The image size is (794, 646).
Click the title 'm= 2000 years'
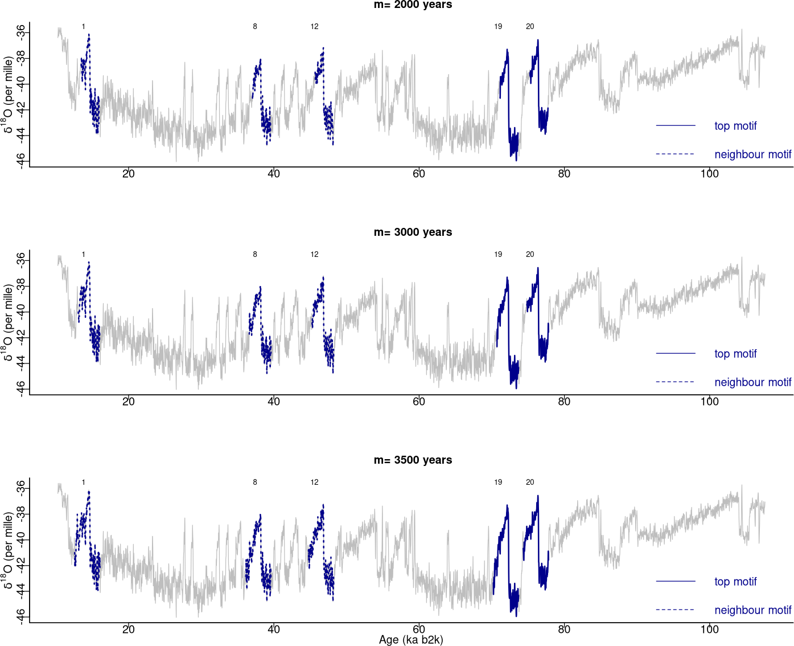point(413,5)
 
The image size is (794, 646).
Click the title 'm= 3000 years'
point(413,232)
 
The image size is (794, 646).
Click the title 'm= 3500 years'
point(413,460)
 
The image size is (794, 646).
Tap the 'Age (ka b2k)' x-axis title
point(411,640)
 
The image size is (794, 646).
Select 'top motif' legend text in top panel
point(735,126)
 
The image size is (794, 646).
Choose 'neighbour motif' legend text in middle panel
point(752,382)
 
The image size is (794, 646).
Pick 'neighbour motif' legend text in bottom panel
point(752,610)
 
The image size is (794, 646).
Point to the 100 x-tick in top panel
point(709,174)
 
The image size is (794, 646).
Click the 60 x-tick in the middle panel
point(419,402)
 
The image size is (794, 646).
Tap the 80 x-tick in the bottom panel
point(564,629)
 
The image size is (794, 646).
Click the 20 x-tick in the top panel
point(129,174)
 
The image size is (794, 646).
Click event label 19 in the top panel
point(498,27)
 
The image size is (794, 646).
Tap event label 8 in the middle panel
point(255,255)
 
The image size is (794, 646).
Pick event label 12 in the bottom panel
point(315,483)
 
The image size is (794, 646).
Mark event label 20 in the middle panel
point(530,255)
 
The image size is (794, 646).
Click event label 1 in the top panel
point(84,27)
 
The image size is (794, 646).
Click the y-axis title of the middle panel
point(8,323)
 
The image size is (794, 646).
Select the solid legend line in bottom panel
point(676,581)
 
